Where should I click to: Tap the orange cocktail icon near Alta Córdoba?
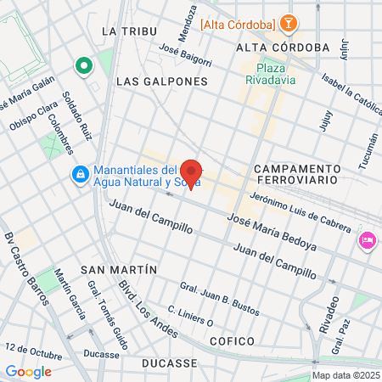289,24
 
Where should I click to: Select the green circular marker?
83,65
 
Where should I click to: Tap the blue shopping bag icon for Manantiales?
79,174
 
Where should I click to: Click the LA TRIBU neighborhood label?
119,31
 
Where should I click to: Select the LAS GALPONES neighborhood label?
161,81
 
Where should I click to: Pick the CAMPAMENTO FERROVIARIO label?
296,174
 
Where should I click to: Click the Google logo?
28,371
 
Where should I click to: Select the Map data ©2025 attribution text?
345,375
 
